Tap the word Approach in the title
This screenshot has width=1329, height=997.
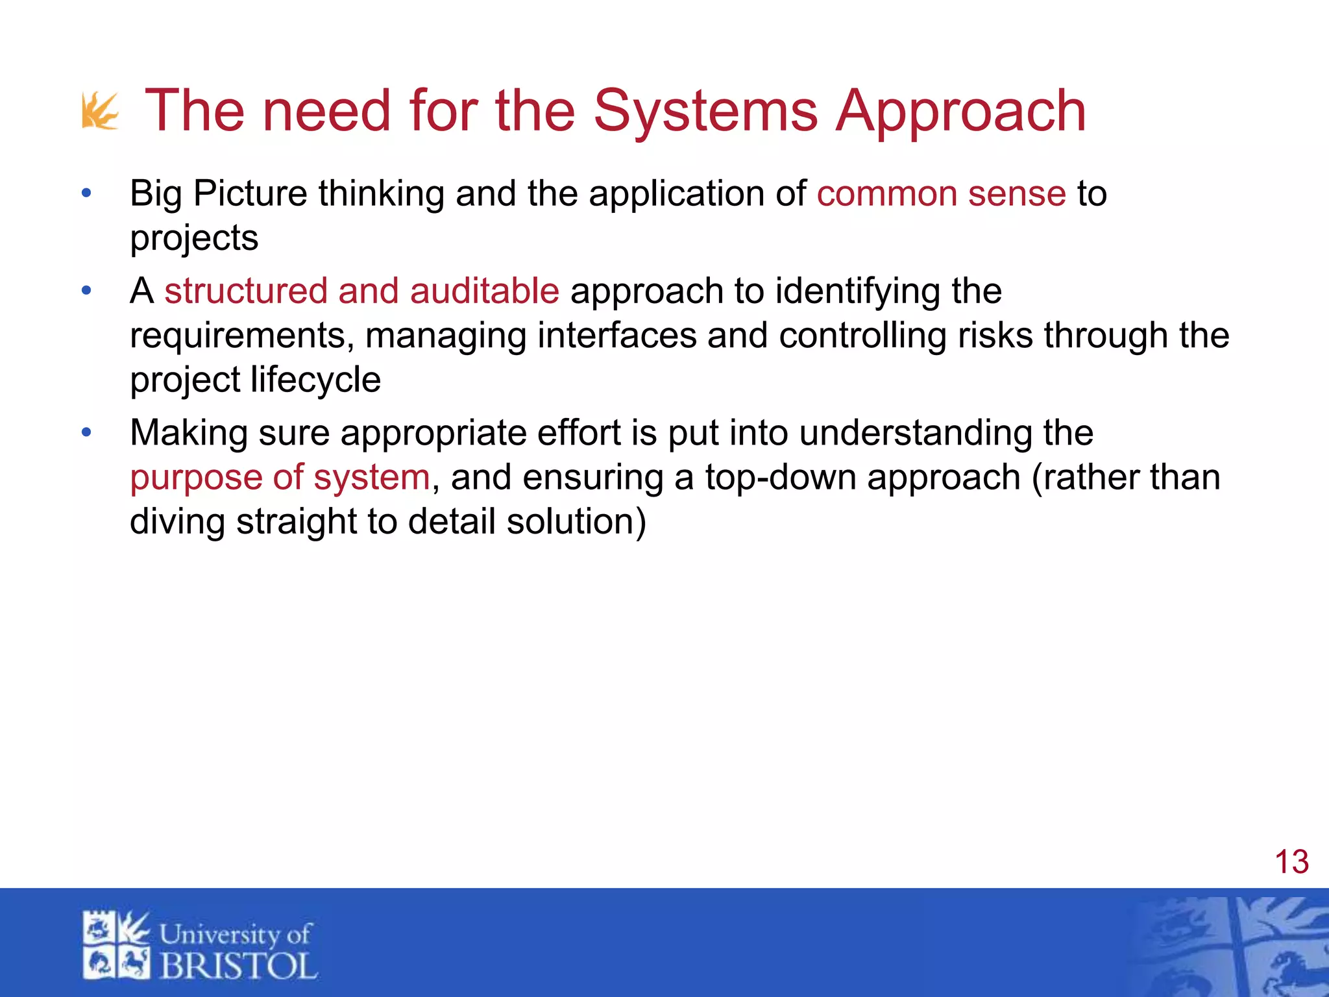click(960, 112)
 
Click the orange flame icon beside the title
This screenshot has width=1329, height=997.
click(100, 112)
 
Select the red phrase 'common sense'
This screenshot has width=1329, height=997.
click(941, 193)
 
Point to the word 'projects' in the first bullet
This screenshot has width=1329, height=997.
click(194, 238)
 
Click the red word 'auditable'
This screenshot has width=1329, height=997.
click(484, 291)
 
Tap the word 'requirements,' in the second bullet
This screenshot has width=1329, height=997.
click(241, 336)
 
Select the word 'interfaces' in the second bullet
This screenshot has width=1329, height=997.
click(616, 336)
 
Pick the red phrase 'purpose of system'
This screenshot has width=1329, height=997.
click(280, 478)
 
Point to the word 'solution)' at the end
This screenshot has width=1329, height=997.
click(576, 522)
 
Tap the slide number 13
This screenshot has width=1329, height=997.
click(1291, 862)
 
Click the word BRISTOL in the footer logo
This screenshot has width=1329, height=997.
click(238, 966)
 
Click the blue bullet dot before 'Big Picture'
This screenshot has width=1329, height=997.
click(86, 193)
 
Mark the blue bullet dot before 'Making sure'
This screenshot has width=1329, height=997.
click(86, 433)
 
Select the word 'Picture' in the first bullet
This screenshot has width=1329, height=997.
click(250, 193)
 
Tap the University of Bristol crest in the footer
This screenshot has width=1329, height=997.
click(116, 945)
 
